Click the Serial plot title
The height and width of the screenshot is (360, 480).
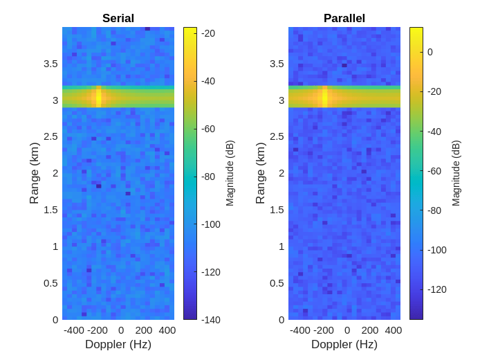coord(118,19)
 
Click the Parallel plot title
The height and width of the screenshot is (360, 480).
coord(344,19)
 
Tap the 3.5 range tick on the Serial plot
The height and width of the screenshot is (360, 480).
coord(50,64)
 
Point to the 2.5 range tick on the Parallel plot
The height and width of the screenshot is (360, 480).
coord(277,136)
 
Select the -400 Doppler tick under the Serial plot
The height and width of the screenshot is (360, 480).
coord(74,330)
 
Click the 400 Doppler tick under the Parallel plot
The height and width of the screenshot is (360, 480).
coord(393,330)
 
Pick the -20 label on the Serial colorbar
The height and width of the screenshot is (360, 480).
coord(207,33)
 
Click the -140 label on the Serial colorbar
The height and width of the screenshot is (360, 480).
coord(210,320)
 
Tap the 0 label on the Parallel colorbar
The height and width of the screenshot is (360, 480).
coord(430,52)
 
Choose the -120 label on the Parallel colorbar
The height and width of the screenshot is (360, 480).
coord(436,289)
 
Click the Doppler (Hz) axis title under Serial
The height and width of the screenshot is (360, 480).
coord(118,345)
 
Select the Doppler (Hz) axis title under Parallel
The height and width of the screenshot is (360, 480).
coord(344,345)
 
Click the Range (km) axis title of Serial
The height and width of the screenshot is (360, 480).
coord(34,173)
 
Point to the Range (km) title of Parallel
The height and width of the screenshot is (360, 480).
coord(260,173)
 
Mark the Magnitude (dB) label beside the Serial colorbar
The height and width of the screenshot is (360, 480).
coord(230,173)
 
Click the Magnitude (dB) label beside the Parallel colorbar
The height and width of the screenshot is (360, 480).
coord(456,173)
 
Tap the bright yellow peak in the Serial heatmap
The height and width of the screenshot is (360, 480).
coord(99,97)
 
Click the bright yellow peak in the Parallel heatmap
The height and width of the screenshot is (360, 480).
coord(324,97)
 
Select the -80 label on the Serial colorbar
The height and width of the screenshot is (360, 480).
coord(207,177)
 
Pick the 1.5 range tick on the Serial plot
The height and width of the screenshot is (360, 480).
coord(50,210)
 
